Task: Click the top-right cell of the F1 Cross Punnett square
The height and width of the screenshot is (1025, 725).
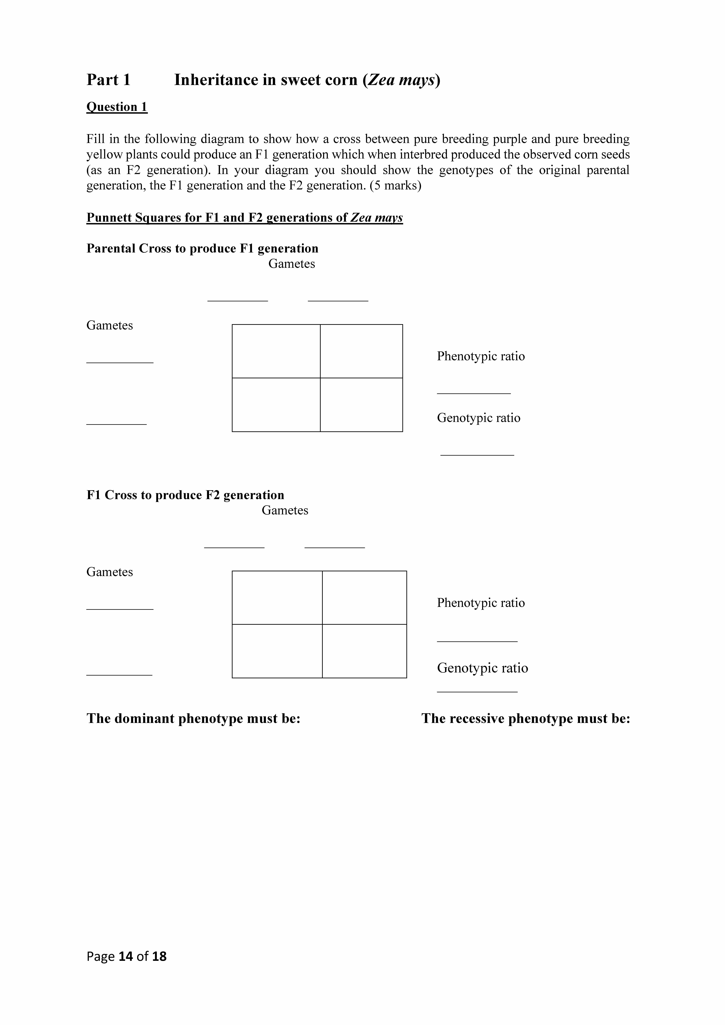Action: (x=364, y=598)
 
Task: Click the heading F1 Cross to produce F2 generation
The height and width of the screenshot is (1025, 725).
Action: (x=185, y=495)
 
